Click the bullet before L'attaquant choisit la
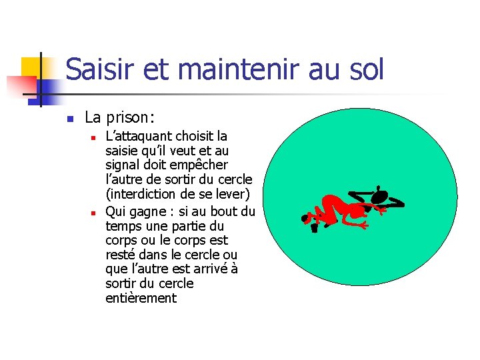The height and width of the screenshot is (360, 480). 95,138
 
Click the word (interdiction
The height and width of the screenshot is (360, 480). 141,194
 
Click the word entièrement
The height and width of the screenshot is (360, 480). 141,298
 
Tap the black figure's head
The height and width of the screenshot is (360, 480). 379,197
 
